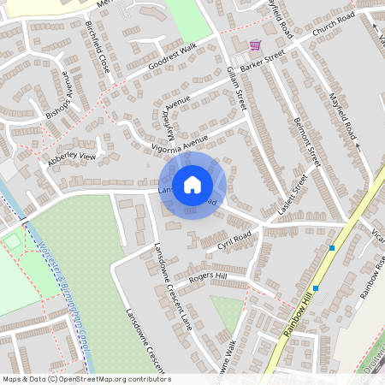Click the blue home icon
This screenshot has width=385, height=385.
pos(192,184)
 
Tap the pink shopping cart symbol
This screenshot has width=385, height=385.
pos(255,44)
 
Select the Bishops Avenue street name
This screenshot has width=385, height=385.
pos(56,95)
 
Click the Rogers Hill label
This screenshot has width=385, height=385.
pos(208,276)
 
